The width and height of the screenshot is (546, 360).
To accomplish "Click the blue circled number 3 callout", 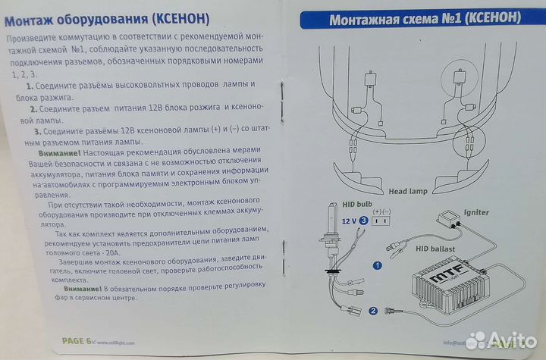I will [x=365, y=221].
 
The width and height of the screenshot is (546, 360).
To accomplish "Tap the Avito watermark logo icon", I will [x=476, y=341].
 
